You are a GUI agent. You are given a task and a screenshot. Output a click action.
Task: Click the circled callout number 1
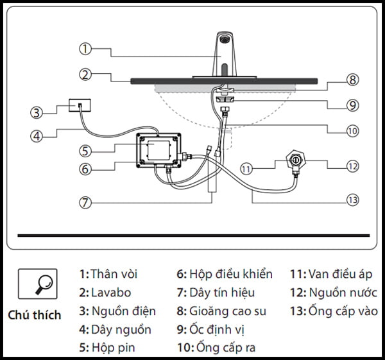(86, 48)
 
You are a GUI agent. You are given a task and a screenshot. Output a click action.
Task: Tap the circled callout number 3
(37, 112)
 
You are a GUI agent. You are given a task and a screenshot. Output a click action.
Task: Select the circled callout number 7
(86, 201)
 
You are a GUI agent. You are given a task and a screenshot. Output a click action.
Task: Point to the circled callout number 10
(352, 130)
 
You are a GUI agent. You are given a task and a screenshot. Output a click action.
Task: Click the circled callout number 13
(352, 200)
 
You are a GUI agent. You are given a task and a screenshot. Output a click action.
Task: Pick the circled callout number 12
(352, 166)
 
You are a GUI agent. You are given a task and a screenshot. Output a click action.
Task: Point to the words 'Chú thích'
(35, 315)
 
